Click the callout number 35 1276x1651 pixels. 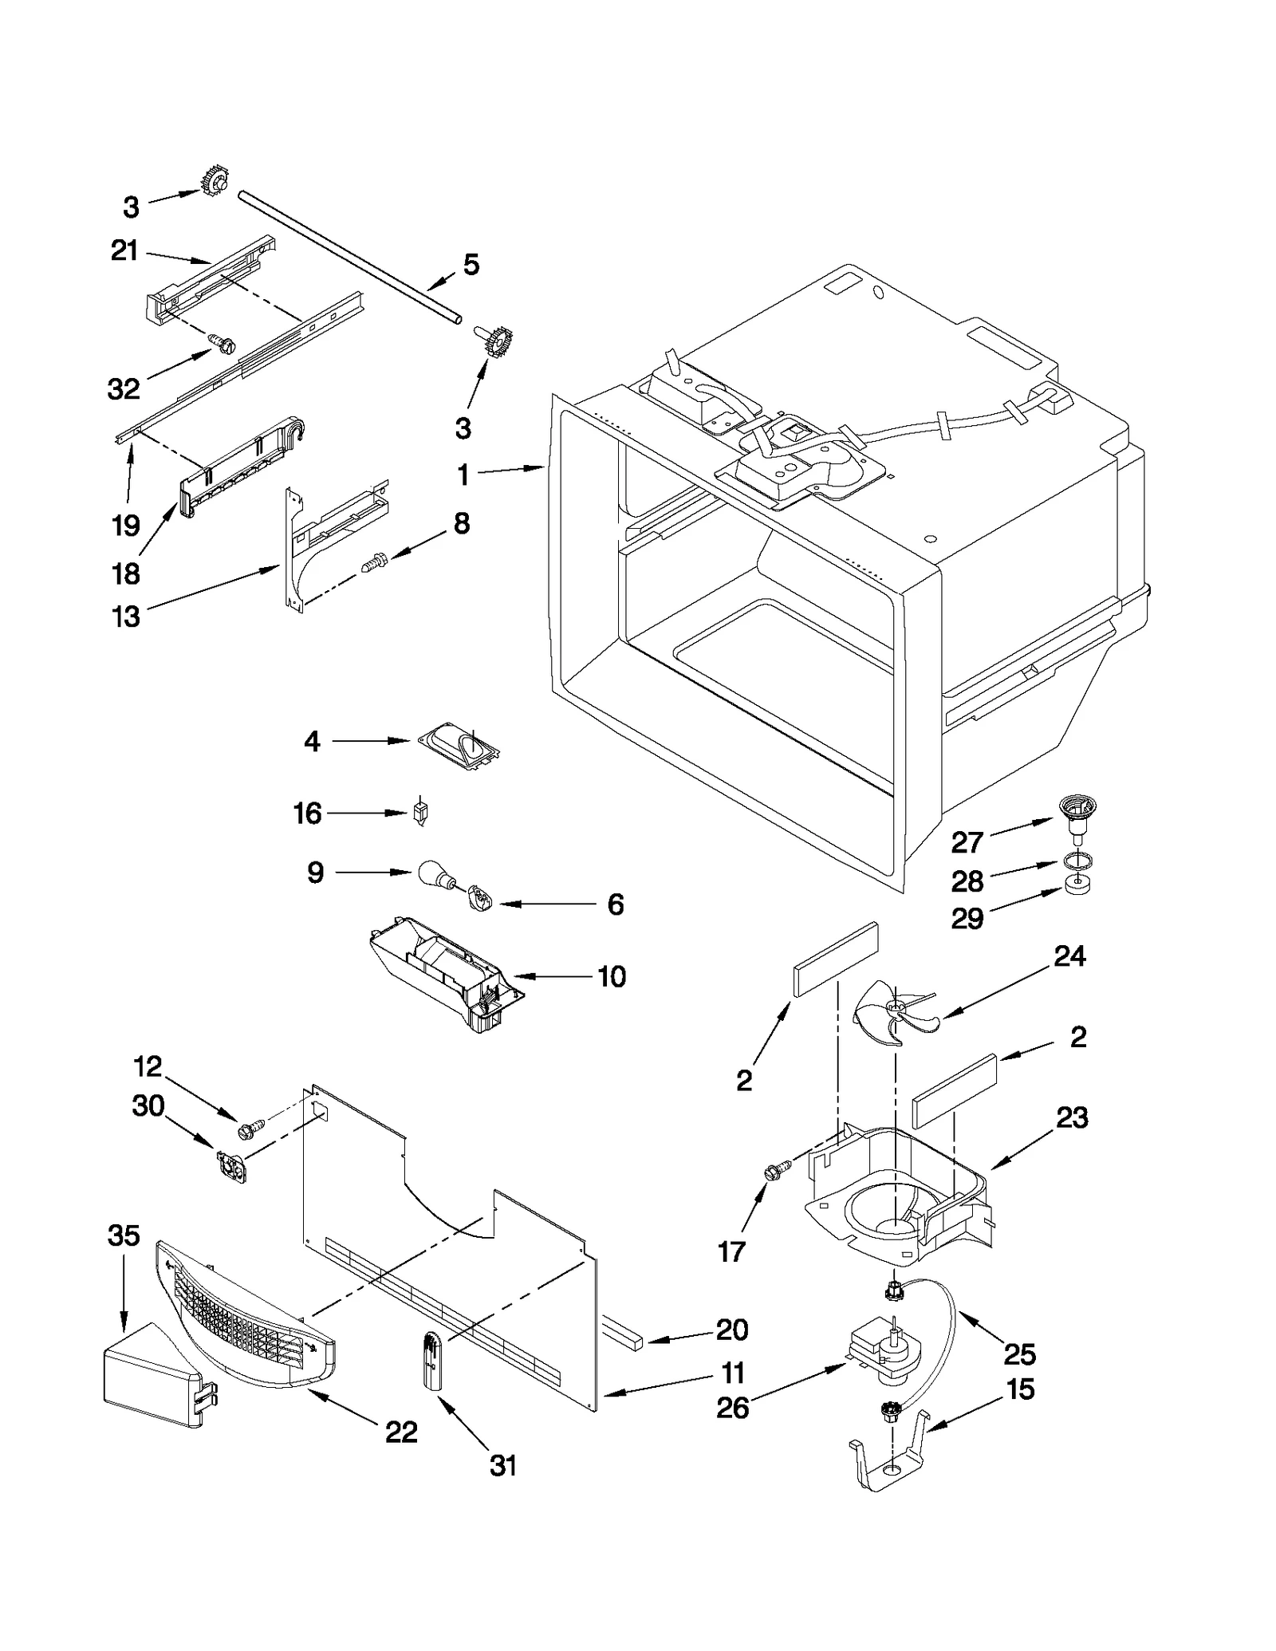[x=124, y=1235]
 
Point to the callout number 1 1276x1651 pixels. [x=463, y=475]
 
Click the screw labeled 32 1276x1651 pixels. [x=219, y=344]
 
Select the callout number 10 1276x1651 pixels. [x=612, y=976]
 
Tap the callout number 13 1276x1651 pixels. [x=126, y=617]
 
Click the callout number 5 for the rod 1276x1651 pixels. [x=471, y=265]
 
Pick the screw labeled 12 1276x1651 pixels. [x=248, y=1129]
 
